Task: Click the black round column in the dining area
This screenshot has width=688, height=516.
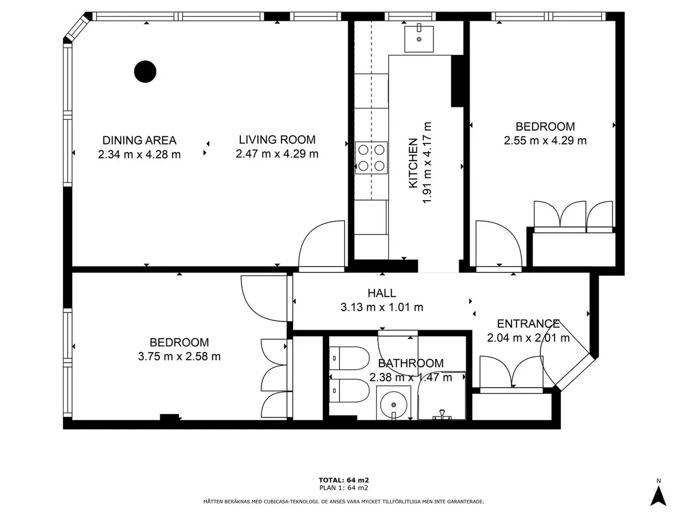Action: pos(145,72)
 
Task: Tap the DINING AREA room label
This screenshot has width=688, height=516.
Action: pos(139,140)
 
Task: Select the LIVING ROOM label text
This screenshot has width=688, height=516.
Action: pos(277,140)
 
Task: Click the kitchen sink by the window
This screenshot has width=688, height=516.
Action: pos(419,39)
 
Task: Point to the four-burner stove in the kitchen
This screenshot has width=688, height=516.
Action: pos(371,158)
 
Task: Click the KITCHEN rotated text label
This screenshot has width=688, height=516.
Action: pos(413,163)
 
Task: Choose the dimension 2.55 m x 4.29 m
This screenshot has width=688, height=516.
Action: pos(545,140)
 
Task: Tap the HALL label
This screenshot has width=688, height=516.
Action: pos(382,293)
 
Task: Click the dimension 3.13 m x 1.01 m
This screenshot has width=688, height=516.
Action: pos(382,307)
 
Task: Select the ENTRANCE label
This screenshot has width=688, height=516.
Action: pos(528,323)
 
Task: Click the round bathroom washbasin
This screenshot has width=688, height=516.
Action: pos(393,404)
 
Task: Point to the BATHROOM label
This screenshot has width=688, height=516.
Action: pos(411,363)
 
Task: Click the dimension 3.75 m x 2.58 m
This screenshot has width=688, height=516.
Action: pos(179,357)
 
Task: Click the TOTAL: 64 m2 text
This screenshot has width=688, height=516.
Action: pos(343,480)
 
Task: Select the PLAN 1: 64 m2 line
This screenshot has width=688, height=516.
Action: pos(343,488)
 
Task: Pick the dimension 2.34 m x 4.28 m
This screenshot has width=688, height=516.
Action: pos(139,155)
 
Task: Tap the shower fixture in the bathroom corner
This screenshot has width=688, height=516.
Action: pos(441,415)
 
